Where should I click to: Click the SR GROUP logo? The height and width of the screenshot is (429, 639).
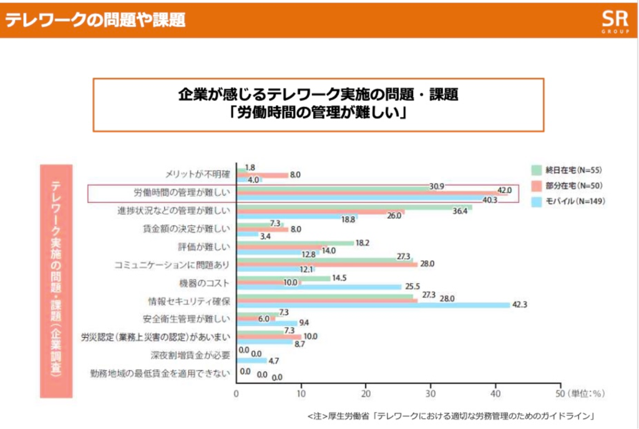pos(610,19)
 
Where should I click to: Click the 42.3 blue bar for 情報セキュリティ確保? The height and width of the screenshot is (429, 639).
pos(374,305)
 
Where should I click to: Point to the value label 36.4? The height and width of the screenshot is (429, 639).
pos(461,210)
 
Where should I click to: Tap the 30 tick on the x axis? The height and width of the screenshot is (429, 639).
pos(431,394)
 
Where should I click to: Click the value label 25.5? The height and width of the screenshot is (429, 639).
pos(412,287)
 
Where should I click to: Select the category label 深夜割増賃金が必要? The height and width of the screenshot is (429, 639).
pos(190,355)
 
